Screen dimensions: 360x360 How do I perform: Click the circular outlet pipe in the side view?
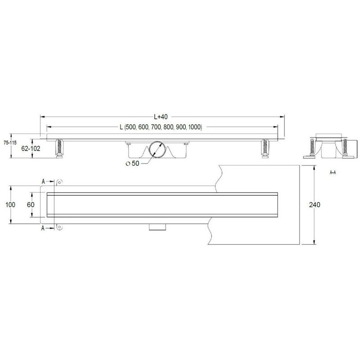coord(157,150)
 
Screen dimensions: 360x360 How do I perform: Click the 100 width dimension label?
coord(10,205)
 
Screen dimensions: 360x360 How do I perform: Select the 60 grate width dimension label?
coord(31,205)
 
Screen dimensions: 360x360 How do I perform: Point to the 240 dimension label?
coord(315,205)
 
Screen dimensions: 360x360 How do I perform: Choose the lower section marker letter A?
coord(43,229)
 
